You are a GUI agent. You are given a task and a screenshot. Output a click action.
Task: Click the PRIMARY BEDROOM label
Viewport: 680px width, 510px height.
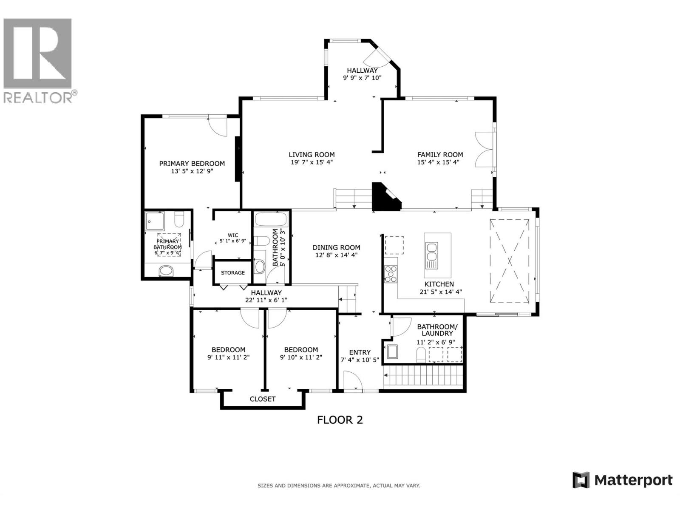tap(192, 163)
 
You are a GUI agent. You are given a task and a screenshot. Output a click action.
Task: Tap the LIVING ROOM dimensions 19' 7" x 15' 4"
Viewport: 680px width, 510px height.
tap(312, 162)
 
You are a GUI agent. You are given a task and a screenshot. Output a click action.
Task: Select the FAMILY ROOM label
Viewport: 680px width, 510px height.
tap(440, 155)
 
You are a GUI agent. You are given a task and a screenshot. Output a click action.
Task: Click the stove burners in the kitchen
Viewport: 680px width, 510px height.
tap(390, 274)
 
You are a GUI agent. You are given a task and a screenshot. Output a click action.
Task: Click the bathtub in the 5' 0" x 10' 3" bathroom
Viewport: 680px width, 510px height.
tap(271, 221)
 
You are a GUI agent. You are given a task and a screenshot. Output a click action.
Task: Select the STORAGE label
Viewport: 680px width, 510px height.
tap(232, 272)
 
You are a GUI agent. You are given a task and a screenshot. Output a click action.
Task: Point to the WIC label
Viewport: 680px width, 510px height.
tap(232, 235)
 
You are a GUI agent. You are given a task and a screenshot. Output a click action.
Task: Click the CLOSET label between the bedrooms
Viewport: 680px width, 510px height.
tap(262, 399)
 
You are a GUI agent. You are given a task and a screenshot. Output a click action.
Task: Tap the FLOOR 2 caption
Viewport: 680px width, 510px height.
tap(340, 420)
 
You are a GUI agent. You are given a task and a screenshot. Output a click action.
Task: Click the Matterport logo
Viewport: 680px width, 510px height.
tap(622, 480)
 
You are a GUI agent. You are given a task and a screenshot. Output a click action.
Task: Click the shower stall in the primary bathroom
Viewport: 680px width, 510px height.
tap(154, 221)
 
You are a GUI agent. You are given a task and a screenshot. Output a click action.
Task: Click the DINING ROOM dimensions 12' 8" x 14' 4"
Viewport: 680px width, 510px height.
tap(336, 255)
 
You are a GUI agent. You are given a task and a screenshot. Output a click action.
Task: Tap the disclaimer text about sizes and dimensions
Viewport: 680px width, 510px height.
tap(338, 485)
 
